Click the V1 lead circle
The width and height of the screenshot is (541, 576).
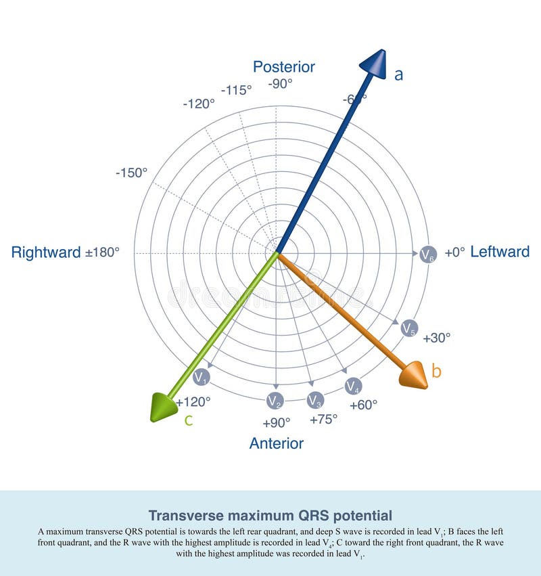click(x=201, y=377)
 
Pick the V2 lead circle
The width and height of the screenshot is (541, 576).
click(x=274, y=401)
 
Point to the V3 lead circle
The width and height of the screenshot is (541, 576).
click(x=315, y=400)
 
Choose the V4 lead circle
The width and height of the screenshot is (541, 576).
click(x=352, y=386)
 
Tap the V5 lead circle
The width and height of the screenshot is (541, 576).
click(x=409, y=328)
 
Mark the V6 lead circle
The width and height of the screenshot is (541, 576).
click(x=427, y=254)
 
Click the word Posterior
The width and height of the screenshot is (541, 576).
click(x=284, y=66)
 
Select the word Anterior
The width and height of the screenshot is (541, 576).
click(x=276, y=443)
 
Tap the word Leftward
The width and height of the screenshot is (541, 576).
click(x=500, y=252)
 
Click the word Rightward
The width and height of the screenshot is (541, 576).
click(x=46, y=252)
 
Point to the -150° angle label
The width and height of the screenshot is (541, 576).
click(x=131, y=173)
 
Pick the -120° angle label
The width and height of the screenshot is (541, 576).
click(x=199, y=104)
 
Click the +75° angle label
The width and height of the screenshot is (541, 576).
click(x=323, y=419)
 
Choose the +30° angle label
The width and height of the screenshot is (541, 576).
click(x=437, y=338)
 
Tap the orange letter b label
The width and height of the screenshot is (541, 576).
click(x=436, y=371)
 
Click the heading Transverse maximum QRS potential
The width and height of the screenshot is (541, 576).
click(x=270, y=515)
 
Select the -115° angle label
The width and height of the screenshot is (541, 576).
click(x=236, y=89)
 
